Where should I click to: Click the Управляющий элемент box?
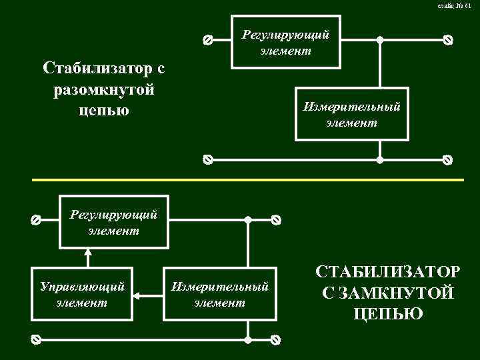point(83,294)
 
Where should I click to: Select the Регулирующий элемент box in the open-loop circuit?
point(285,41)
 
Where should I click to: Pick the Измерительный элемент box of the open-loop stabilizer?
point(351,114)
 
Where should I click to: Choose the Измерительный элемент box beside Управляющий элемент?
point(220,294)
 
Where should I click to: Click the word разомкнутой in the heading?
point(103,89)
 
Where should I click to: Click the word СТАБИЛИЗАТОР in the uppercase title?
point(387,272)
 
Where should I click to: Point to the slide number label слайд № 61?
point(454,6)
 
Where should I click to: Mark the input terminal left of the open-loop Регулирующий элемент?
point(207,40)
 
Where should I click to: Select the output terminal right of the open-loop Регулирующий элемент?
point(448,40)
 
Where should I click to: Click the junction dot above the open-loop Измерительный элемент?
point(380,40)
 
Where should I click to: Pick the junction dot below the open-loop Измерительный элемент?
point(380,160)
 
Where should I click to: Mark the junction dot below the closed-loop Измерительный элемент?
point(247,339)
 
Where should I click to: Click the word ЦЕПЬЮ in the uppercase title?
point(387,313)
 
